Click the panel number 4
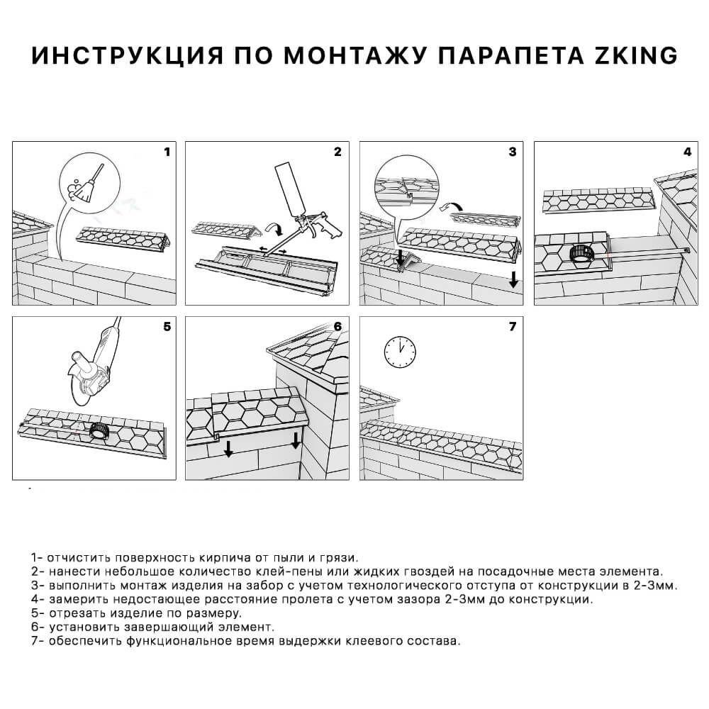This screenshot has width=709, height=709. (x=687, y=152)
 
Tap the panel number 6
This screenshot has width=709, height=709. (x=337, y=327)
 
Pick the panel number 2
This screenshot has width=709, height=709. (x=337, y=152)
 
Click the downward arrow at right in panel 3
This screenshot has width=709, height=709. (x=513, y=279)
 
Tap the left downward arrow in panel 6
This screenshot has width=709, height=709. (x=228, y=449)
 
